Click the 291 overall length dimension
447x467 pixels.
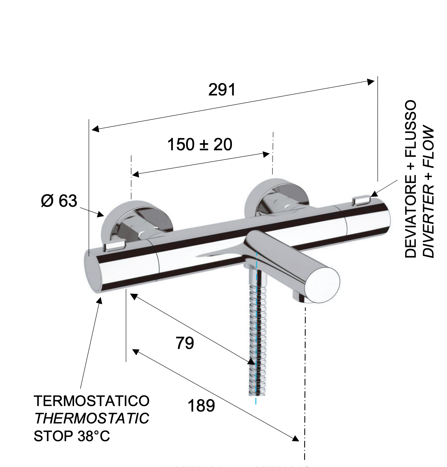tap(222, 90)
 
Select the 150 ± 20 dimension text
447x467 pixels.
tap(199, 144)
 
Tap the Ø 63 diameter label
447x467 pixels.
tap(59, 201)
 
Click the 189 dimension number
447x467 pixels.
tap(201, 406)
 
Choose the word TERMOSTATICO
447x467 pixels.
tap(92, 401)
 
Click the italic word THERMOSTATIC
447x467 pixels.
tap(92, 419)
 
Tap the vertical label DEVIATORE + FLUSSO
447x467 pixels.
tap(411, 179)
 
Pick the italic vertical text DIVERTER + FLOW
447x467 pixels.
tap(429, 192)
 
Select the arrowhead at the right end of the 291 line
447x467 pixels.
tap(371, 81)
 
